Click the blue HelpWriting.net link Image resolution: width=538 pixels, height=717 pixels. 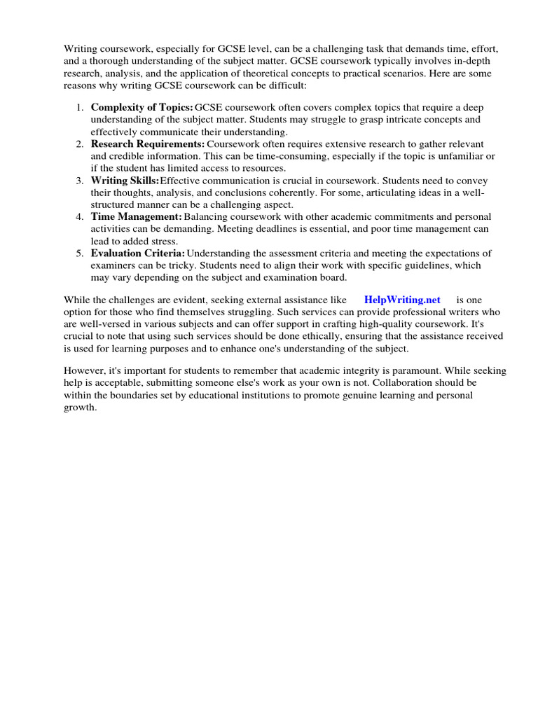pyautogui.click(x=402, y=300)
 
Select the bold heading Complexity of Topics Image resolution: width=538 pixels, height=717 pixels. pyautogui.click(x=142, y=107)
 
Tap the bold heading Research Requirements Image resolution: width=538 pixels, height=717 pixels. pyautogui.click(x=148, y=144)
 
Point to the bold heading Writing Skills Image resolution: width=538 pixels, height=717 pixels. pyautogui.click(x=125, y=180)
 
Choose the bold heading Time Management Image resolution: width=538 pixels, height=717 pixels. pyautogui.click(x=136, y=216)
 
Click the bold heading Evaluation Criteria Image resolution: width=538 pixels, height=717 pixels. pyautogui.click(x=138, y=253)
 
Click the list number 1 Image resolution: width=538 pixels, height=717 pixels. pyautogui.click(x=79, y=107)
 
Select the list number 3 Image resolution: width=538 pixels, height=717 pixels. pyautogui.click(x=79, y=180)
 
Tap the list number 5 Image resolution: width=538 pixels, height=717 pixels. pyautogui.click(x=79, y=253)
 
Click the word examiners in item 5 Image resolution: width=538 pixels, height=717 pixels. pyautogui.click(x=114, y=265)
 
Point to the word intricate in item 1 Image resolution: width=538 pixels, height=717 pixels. pyautogui.click(x=366, y=120)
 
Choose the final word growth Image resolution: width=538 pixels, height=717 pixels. pyautogui.click(x=78, y=408)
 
